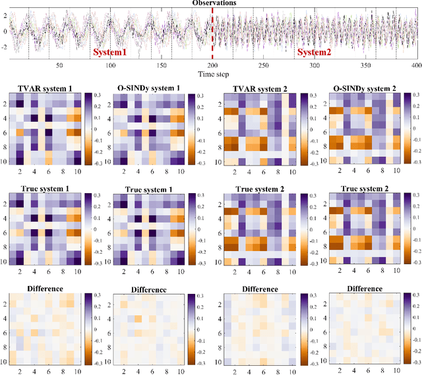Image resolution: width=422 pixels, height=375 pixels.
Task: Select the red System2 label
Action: click(x=315, y=51)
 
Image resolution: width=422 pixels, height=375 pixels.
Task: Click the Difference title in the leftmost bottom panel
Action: click(x=45, y=289)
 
